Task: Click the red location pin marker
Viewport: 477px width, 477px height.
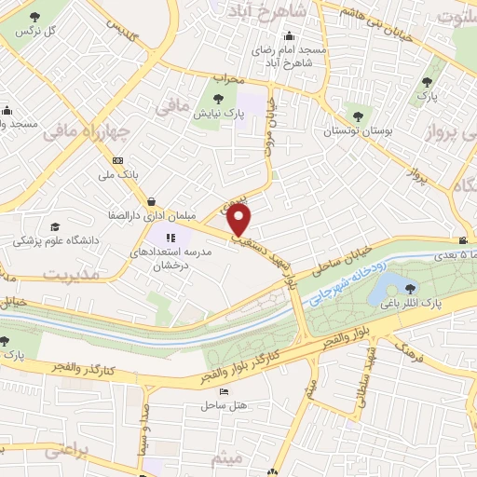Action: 239,221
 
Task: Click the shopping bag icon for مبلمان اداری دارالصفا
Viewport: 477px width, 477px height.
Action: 151,200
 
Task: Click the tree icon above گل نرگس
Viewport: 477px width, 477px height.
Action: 35,18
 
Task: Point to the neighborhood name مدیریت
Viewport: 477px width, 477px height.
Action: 64,273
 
